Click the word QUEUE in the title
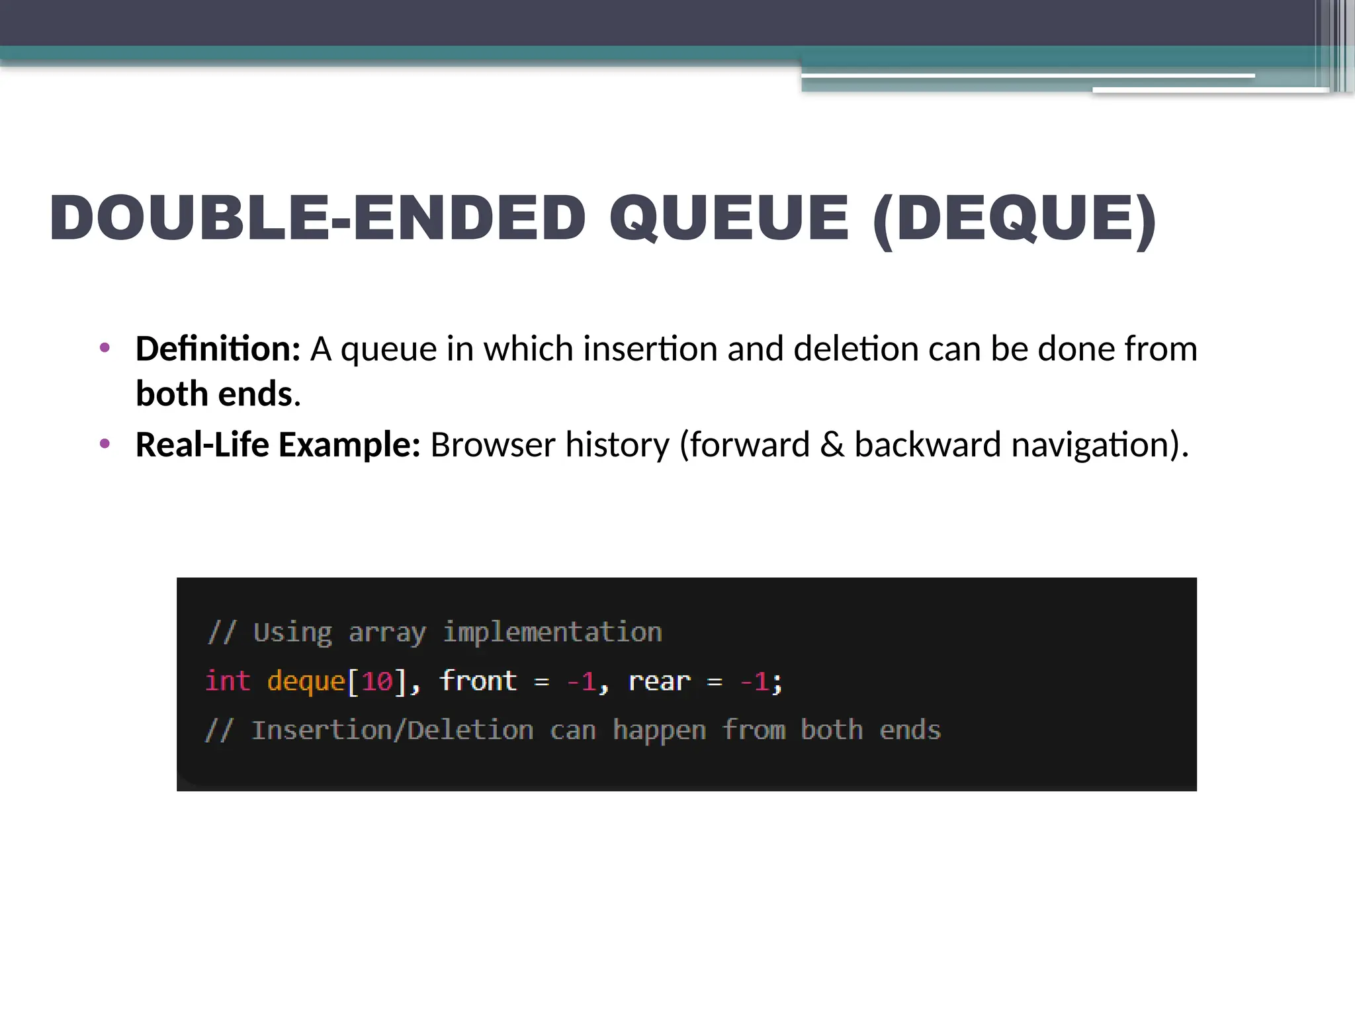[x=729, y=218]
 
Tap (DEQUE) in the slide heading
[x=1014, y=220]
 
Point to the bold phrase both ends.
[x=214, y=394]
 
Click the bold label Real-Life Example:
[x=278, y=444]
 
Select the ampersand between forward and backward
[x=832, y=444]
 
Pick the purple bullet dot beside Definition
[x=105, y=348]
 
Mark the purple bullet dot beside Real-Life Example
[x=105, y=444]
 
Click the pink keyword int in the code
[x=228, y=681]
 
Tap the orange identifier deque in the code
[x=306, y=681]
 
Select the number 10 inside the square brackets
[x=377, y=681]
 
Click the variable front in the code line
[x=478, y=681]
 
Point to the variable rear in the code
[x=659, y=681]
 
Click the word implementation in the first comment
[x=552, y=632]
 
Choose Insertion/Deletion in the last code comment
[x=392, y=730]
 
